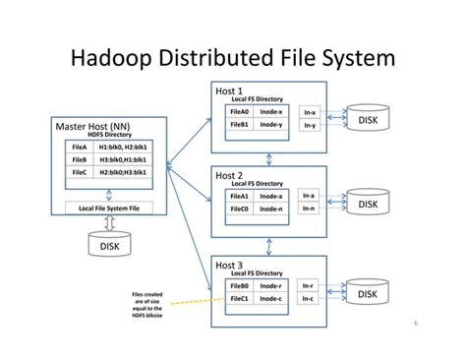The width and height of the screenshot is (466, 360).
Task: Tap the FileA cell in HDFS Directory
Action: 81,146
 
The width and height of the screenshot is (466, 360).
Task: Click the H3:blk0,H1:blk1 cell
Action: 124,158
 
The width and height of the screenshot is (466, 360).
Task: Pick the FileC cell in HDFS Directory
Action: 81,172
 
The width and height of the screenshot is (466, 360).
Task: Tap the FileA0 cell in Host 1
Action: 241,112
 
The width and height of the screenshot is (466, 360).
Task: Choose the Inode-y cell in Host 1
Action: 272,126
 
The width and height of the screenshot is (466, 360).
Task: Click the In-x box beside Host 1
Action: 311,112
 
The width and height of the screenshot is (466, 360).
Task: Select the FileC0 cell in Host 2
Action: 241,210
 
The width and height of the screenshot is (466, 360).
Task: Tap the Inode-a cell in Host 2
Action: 272,196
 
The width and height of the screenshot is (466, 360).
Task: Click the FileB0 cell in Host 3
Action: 241,286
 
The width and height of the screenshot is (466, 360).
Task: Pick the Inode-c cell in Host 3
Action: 272,299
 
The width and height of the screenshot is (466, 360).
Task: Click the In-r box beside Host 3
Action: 310,286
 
